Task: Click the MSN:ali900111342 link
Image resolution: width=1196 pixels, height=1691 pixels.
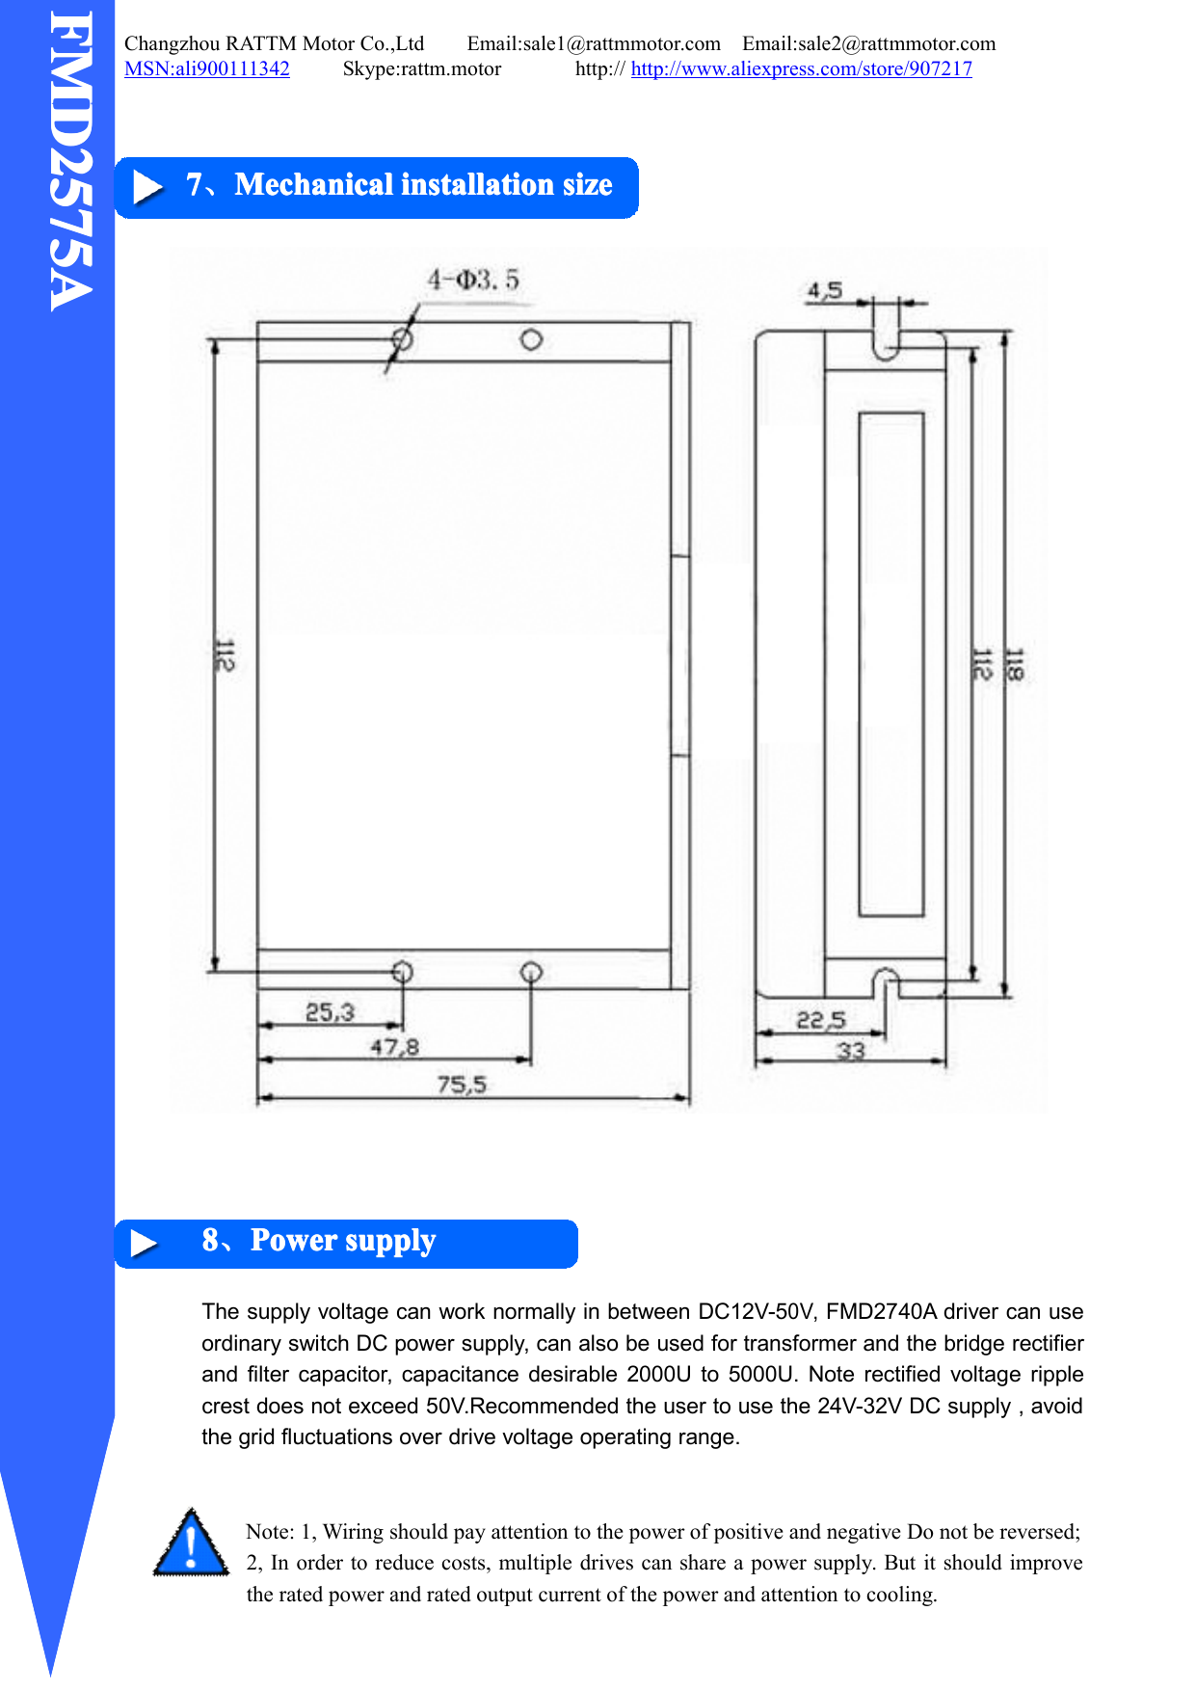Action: pos(206,68)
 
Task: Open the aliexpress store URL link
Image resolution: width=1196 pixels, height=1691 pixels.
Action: pos(801,68)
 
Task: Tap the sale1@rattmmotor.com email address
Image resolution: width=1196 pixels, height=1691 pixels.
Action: pos(594,43)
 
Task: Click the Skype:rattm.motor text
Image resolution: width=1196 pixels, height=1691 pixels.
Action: pos(421,68)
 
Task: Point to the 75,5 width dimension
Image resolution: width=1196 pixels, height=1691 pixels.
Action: pos(462,1085)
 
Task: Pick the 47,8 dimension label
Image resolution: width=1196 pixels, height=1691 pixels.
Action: pos(394,1047)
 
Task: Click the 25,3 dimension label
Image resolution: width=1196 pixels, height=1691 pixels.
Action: pos(330,1012)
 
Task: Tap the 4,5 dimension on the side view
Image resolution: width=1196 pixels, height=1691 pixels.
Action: pos(825,290)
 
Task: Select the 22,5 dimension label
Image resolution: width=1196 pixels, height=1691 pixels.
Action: pos(820,1020)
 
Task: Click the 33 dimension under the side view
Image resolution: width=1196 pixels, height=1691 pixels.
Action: pos(850,1050)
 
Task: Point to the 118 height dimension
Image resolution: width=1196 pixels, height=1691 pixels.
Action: pos(1014,664)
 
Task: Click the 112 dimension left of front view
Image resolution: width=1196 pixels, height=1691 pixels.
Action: pos(224,656)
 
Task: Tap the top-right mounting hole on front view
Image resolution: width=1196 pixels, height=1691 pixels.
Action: pos(531,339)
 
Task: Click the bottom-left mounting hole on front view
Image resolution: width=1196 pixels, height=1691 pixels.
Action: pos(403,972)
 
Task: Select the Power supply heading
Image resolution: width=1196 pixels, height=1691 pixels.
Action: pos(342,1241)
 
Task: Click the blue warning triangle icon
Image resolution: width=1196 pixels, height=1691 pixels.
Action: pos(192,1543)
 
